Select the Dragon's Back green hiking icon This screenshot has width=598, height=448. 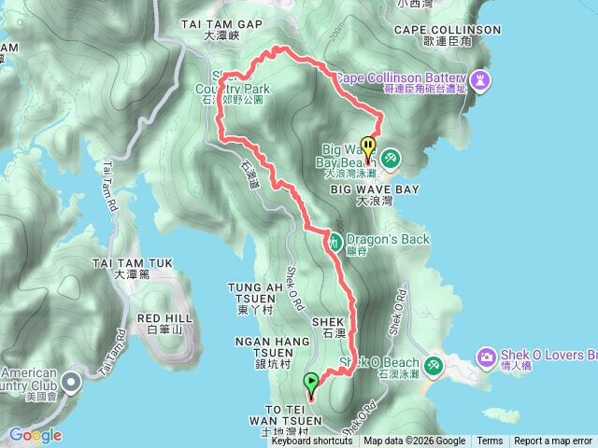(334, 241)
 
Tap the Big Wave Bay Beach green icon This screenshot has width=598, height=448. (390, 159)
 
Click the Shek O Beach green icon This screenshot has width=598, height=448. (433, 364)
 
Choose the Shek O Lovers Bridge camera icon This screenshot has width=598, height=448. (486, 357)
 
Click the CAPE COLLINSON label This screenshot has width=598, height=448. (448, 30)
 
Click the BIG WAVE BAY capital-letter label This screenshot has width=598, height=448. (374, 189)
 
